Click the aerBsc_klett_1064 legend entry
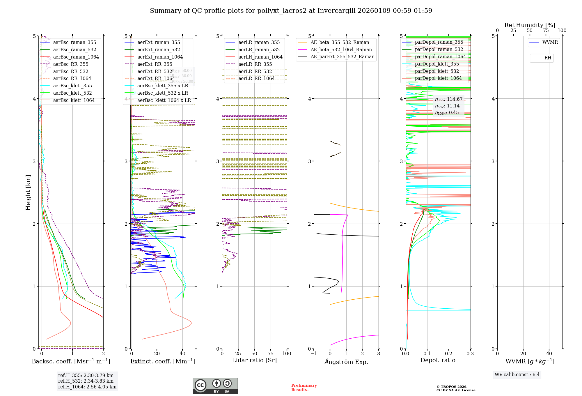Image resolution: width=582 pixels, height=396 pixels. (74, 100)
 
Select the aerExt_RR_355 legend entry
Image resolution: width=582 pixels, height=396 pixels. (155, 64)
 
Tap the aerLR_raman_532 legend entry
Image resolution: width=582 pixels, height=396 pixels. (259, 49)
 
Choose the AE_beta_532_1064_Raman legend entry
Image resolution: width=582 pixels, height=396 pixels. (341, 49)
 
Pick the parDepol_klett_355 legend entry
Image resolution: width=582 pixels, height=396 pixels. (436, 64)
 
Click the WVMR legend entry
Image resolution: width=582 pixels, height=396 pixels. (550, 42)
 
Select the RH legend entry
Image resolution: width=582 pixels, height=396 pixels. (548, 58)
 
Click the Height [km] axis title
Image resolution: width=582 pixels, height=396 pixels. (28, 192)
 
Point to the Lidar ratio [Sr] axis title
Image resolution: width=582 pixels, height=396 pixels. (254, 360)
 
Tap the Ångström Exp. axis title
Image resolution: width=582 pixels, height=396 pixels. (346, 362)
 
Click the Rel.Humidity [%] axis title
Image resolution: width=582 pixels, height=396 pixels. (530, 25)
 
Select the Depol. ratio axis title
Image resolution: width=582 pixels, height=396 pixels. (438, 360)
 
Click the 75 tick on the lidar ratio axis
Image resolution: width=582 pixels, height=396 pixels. (271, 354)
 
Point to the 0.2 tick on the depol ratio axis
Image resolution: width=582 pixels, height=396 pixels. (449, 354)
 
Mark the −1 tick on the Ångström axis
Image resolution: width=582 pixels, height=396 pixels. (314, 354)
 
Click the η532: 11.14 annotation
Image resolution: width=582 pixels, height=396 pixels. (447, 106)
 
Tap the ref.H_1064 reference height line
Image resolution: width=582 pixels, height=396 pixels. (87, 387)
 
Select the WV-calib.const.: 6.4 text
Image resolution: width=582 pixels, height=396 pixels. (517, 375)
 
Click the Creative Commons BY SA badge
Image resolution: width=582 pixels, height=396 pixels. (215, 386)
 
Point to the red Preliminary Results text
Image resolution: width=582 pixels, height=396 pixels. (304, 388)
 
